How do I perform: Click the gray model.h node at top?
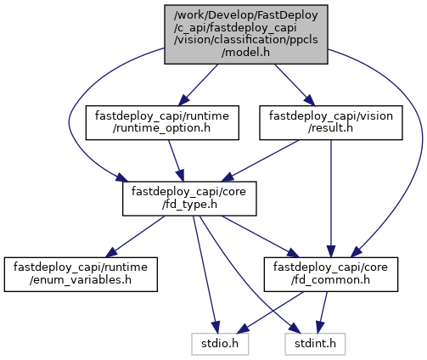pos(246,34)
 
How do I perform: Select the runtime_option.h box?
pos(162,122)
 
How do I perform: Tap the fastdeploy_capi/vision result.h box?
pos(331,122)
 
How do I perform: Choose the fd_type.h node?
pos(189,199)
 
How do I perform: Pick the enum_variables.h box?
pos(81,274)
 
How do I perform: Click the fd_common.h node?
pos(331,274)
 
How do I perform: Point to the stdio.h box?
pos(220,344)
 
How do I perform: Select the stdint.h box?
pos(315,344)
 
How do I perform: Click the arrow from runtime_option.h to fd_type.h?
pos(176,160)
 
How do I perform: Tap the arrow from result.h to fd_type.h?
pos(260,160)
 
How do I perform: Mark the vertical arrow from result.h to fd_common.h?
pos(331,199)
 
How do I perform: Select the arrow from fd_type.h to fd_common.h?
pos(260,237)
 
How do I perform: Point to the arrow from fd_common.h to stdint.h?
pos(322,312)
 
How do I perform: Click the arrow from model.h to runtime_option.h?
pos(198,85)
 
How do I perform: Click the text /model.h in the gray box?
pos(245,53)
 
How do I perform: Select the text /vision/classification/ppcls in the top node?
pos(246,40)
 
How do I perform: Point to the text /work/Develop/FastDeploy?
pos(246,15)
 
